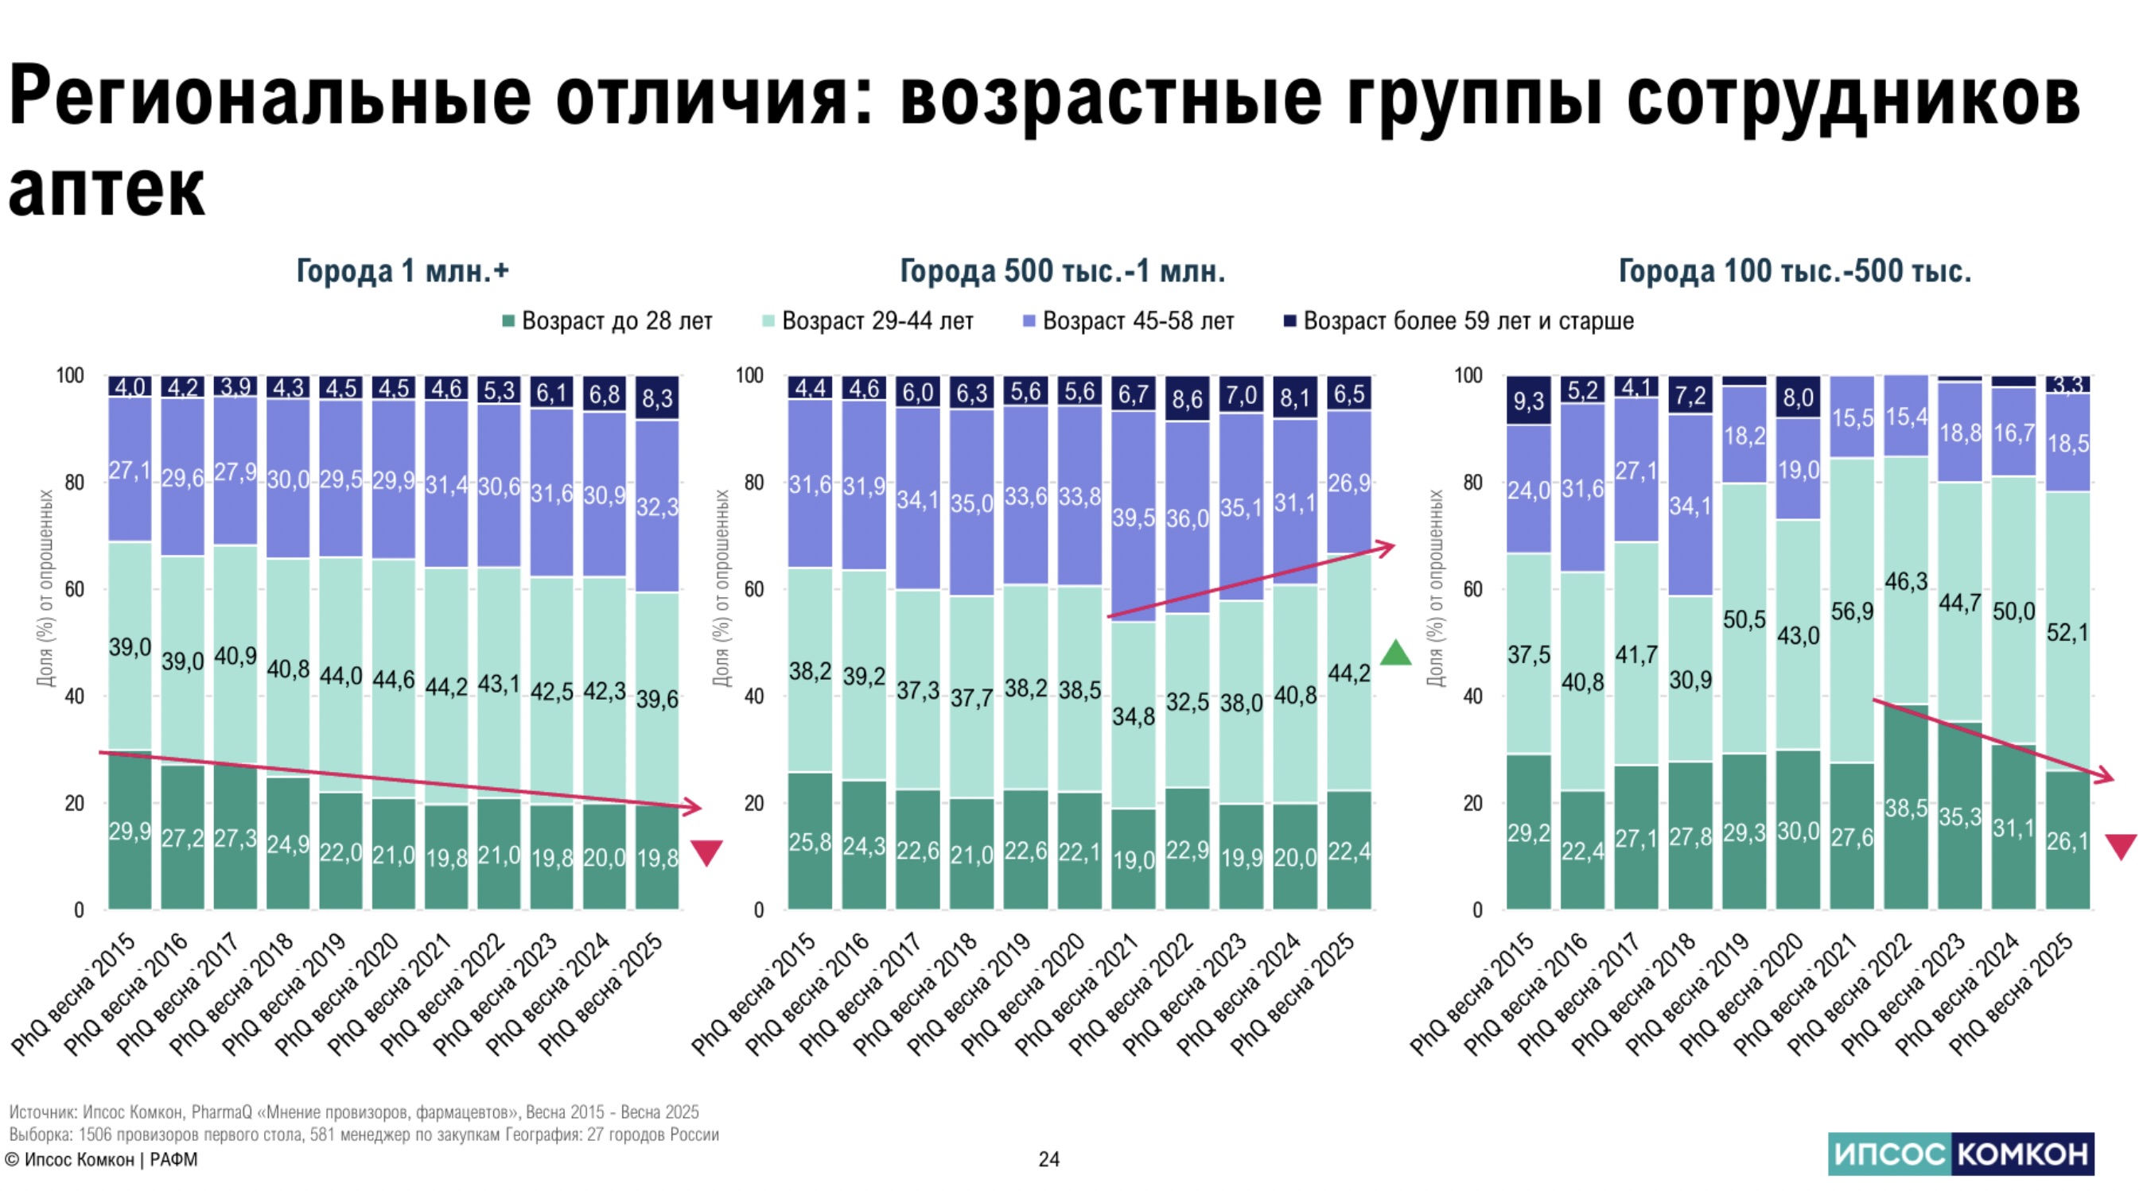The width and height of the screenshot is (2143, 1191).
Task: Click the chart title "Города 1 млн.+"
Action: pyautogui.click(x=403, y=271)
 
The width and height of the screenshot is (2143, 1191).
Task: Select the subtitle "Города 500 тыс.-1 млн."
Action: pyautogui.click(x=1062, y=271)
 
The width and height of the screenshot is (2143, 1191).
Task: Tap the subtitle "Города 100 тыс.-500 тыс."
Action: pyautogui.click(x=1795, y=271)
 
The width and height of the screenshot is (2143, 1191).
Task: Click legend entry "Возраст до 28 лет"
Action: pyautogui.click(x=616, y=321)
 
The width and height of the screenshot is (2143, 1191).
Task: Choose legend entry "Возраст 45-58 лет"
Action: pyautogui.click(x=1138, y=321)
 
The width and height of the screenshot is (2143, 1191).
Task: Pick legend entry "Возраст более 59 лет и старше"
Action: pyautogui.click(x=1468, y=321)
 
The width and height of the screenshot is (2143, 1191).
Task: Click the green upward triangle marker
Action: pyautogui.click(x=1395, y=653)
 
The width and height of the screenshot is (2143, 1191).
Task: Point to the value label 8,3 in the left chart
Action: pyautogui.click(x=657, y=398)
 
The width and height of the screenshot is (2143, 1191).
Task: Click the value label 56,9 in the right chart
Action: pyautogui.click(x=1852, y=612)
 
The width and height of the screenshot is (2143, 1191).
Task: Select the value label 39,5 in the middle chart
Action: pyautogui.click(x=1134, y=518)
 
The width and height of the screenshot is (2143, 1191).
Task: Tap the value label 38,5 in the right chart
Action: pyautogui.click(x=1906, y=808)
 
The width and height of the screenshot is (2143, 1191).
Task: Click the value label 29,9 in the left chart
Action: pyautogui.click(x=130, y=831)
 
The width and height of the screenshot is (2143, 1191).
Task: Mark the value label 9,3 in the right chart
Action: pyautogui.click(x=1528, y=401)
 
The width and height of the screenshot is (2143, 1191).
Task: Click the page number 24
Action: pyautogui.click(x=1049, y=1158)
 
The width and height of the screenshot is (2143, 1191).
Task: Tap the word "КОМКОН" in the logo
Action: pyautogui.click(x=2021, y=1154)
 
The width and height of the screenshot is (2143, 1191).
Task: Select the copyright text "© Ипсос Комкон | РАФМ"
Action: pyautogui.click(x=102, y=1159)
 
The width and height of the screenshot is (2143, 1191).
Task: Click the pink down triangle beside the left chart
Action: pyautogui.click(x=706, y=852)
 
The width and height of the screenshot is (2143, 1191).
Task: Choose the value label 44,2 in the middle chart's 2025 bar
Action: pyautogui.click(x=1348, y=672)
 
